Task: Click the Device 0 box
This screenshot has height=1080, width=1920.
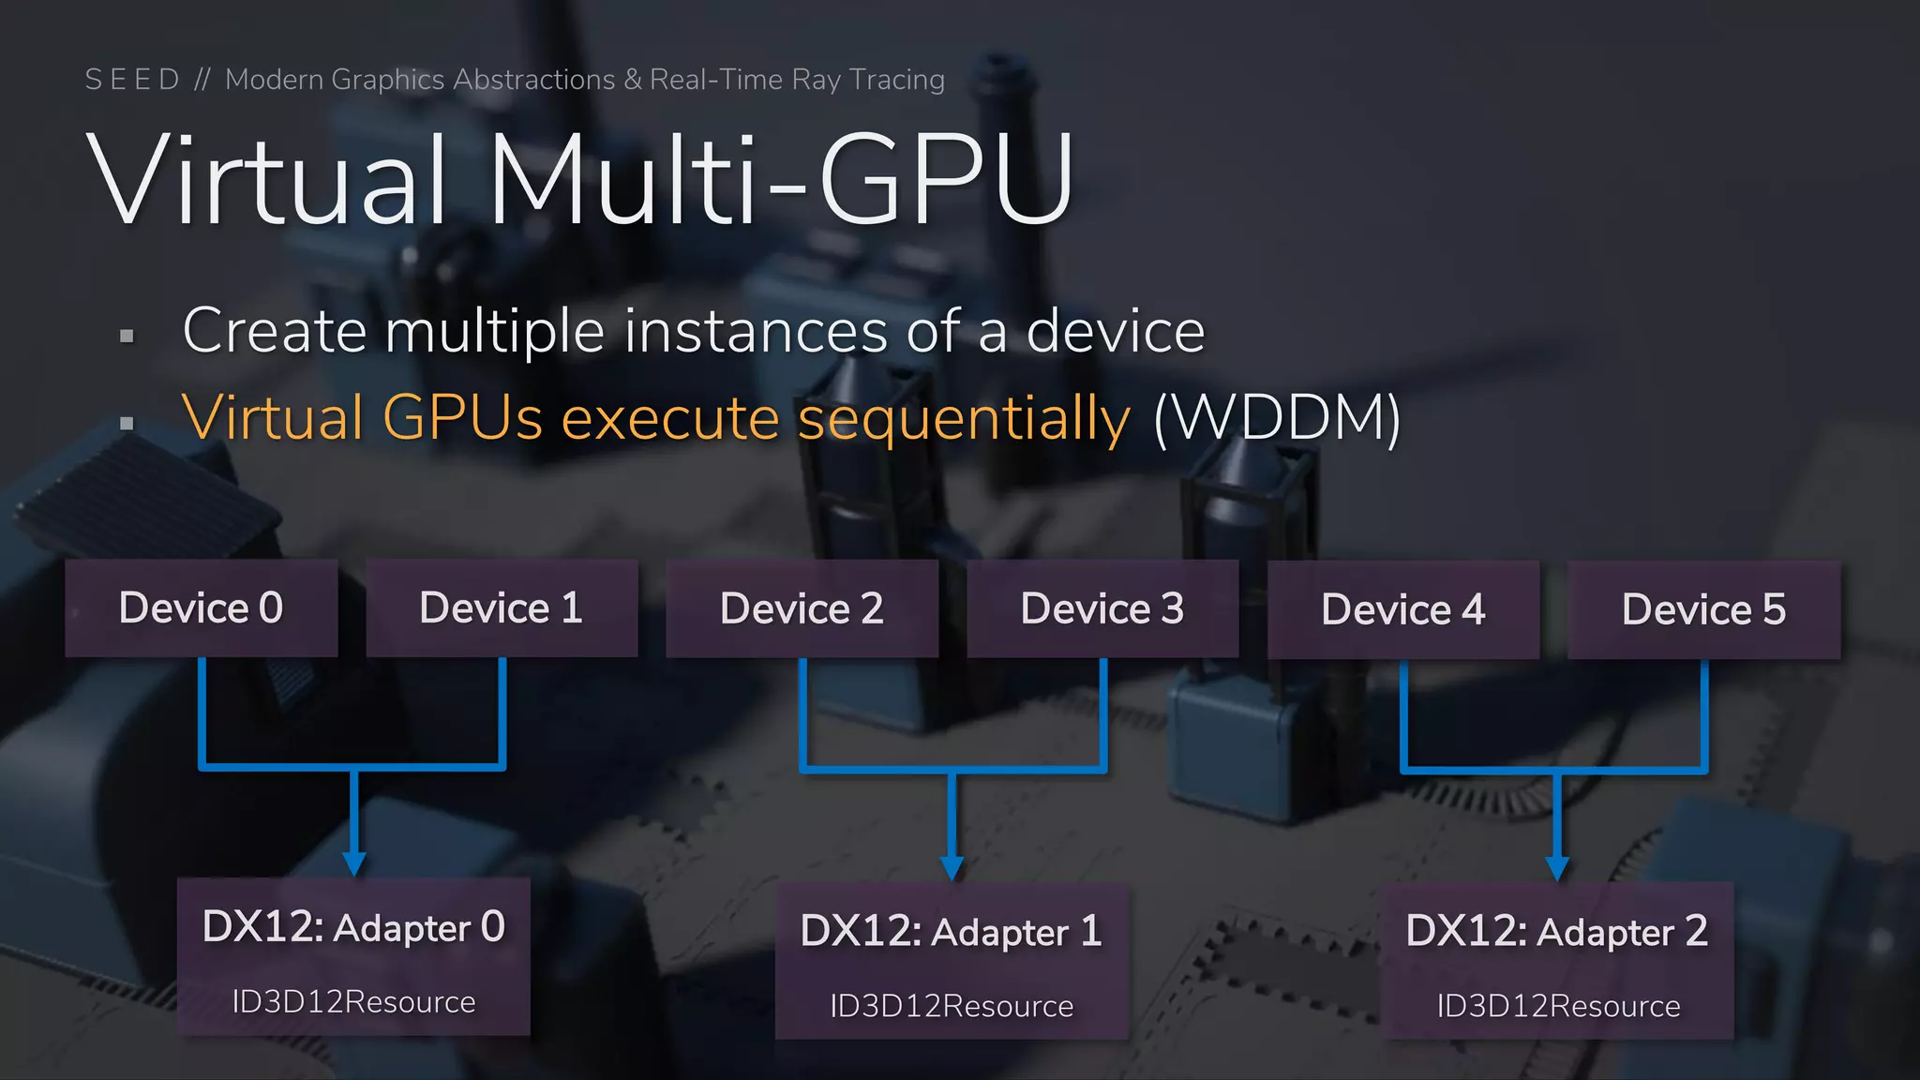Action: tap(202, 607)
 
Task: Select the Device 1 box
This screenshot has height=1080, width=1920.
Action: tap(502, 607)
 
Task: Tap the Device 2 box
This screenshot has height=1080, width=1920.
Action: tap(802, 608)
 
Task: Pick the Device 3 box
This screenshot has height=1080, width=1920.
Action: tap(1102, 608)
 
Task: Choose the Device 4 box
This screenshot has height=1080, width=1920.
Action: tap(1403, 609)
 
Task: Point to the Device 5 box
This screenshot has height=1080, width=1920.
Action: tap(1703, 609)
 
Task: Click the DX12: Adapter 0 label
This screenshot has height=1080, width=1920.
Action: tap(353, 927)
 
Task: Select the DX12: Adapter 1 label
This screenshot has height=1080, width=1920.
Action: tap(951, 931)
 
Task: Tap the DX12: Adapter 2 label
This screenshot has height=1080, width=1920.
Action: tap(1556, 931)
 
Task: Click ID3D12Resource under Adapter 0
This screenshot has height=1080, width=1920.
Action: tap(353, 1002)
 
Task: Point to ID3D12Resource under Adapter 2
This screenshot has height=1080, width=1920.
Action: tap(1558, 1006)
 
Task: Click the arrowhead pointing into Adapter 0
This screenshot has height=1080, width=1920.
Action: tap(354, 863)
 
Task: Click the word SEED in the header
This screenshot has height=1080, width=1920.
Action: tap(132, 80)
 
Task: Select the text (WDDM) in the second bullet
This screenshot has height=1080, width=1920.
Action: tap(1277, 418)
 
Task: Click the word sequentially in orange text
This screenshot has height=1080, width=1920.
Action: tap(964, 418)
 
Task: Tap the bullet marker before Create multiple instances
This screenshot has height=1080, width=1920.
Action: tap(127, 336)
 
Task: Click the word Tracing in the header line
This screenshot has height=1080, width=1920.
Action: tap(897, 81)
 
